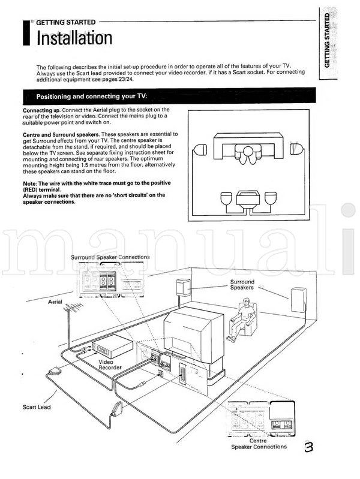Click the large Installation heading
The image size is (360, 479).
74,39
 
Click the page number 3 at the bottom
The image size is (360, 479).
308,446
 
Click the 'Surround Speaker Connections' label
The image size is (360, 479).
110,257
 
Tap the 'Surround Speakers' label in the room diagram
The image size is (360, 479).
242,285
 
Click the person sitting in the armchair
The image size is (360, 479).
245,318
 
